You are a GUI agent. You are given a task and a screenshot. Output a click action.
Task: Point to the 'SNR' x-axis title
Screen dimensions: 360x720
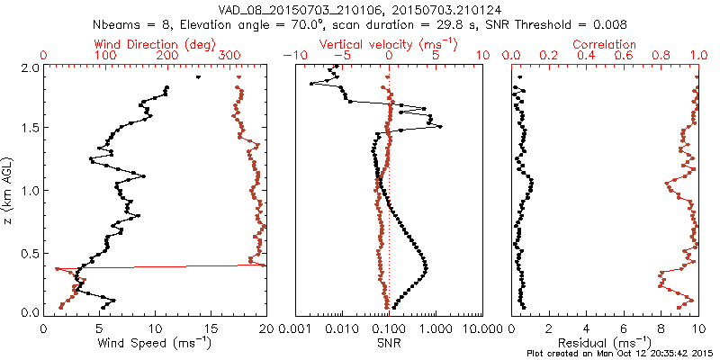coord(389,343)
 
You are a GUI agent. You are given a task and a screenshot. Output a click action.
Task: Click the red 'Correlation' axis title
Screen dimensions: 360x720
coord(605,44)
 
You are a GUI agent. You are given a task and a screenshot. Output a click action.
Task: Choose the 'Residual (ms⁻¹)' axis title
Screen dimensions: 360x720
coord(605,343)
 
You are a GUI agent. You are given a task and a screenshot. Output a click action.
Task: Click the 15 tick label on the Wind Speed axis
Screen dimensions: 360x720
coord(210,329)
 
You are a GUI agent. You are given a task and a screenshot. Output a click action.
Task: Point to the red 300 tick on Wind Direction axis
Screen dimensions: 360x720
coord(229,56)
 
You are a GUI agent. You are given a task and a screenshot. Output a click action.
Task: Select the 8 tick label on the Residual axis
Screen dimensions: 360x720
coord(661,329)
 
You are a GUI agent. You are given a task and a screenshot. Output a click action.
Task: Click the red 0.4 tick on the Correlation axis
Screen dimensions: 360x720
coord(586,56)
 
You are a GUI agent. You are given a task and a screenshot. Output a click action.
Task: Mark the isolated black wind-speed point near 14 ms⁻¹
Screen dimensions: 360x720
coord(198,77)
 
